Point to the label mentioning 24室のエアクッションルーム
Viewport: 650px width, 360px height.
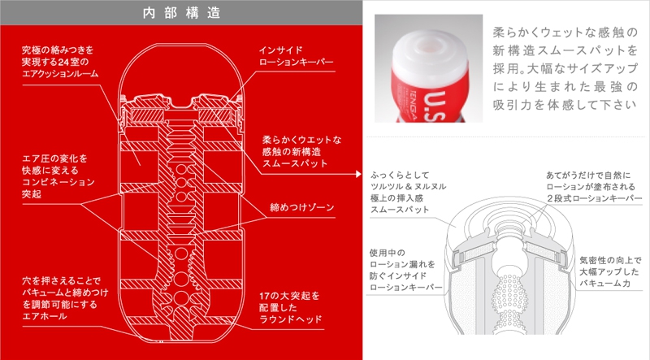tap(61, 62)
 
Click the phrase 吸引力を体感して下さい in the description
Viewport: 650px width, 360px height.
tap(565, 104)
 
